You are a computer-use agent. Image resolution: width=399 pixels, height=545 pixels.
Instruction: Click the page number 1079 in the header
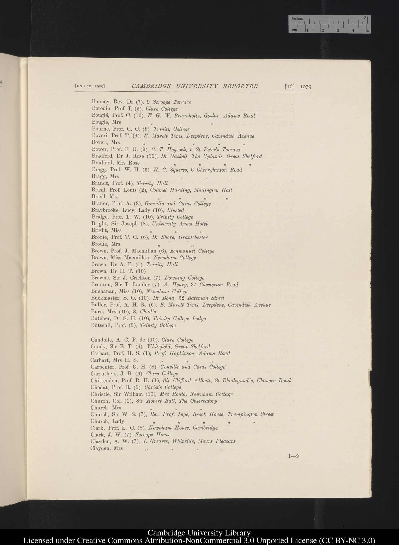[306, 87]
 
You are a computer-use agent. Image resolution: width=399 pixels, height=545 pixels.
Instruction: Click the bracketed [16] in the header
[290, 87]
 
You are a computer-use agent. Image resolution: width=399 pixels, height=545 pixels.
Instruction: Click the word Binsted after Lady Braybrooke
[175, 210]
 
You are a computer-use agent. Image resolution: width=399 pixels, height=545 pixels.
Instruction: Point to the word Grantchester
[193, 237]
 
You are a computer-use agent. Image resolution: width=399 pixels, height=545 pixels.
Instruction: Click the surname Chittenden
[104, 381]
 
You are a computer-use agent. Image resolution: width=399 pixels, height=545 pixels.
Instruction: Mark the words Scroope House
[153, 435]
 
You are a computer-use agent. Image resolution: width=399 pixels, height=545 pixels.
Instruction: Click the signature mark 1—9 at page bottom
[293, 456]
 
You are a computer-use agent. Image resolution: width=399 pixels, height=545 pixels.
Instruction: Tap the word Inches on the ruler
[297, 19]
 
